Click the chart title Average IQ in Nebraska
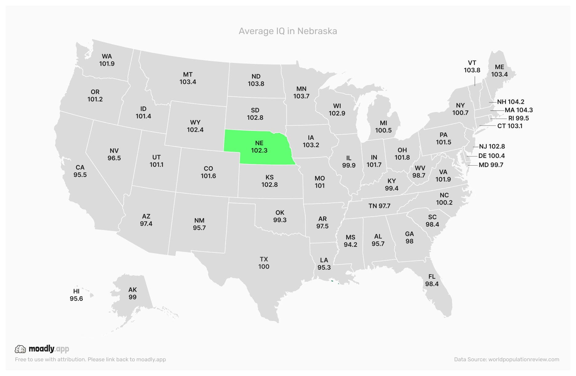(288, 31)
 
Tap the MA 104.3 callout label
(518, 110)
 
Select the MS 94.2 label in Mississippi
(350, 241)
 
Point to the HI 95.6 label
(76, 295)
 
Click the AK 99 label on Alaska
(132, 293)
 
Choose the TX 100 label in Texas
(264, 263)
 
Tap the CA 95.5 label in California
(80, 171)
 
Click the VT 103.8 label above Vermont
(472, 66)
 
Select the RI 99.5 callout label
(518, 118)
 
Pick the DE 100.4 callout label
(491, 156)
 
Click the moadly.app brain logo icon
(20, 349)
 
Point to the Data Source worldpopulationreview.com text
(506, 359)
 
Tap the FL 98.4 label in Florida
(432, 280)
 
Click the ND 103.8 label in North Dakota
(256, 80)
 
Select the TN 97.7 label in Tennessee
(379, 206)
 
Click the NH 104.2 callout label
(510, 102)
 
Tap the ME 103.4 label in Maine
(499, 71)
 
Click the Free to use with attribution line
(90, 359)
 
